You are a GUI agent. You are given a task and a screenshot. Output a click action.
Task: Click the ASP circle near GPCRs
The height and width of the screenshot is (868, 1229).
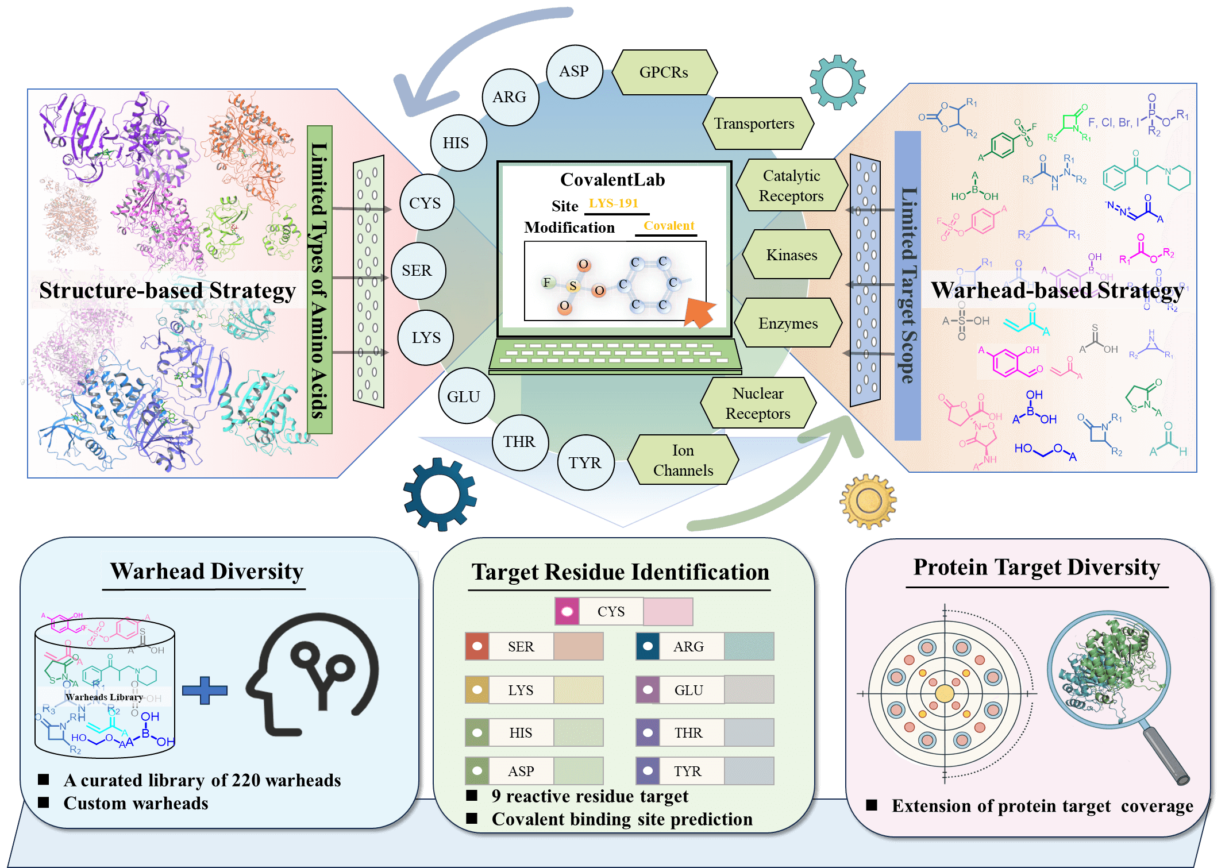(x=574, y=72)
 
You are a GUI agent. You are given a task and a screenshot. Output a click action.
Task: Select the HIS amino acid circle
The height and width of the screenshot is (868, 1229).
(x=457, y=143)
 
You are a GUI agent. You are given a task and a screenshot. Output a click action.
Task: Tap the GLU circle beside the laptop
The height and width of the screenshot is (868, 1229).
(x=465, y=396)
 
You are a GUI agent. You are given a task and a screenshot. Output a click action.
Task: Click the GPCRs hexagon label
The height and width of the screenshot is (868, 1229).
(x=664, y=72)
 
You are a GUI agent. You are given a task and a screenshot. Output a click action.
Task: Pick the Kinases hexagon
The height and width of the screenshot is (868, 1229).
(x=791, y=255)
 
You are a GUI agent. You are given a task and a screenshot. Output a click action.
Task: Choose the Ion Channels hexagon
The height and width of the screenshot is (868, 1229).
(x=683, y=460)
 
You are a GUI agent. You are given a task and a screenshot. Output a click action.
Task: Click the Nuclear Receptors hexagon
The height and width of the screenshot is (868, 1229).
(x=758, y=403)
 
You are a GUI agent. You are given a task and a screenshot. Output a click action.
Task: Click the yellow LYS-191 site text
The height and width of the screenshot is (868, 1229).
(x=614, y=203)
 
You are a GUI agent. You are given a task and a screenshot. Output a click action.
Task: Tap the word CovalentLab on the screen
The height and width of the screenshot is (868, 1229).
(x=612, y=180)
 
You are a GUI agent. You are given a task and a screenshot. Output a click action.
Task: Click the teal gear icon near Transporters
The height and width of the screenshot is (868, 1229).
(x=837, y=82)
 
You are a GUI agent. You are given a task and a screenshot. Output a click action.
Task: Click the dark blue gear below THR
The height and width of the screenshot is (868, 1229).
(x=440, y=494)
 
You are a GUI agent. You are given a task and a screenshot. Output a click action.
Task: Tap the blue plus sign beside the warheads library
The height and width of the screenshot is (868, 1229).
(x=205, y=690)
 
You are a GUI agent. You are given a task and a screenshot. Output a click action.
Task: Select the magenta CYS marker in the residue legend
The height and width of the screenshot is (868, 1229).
(x=567, y=612)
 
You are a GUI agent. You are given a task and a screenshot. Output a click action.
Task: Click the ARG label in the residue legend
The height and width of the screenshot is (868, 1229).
(x=688, y=647)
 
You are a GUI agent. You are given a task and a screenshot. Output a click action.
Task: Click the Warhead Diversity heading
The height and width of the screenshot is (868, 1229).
(x=207, y=572)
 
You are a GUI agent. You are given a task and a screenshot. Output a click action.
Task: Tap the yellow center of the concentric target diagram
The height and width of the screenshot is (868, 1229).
(x=945, y=693)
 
